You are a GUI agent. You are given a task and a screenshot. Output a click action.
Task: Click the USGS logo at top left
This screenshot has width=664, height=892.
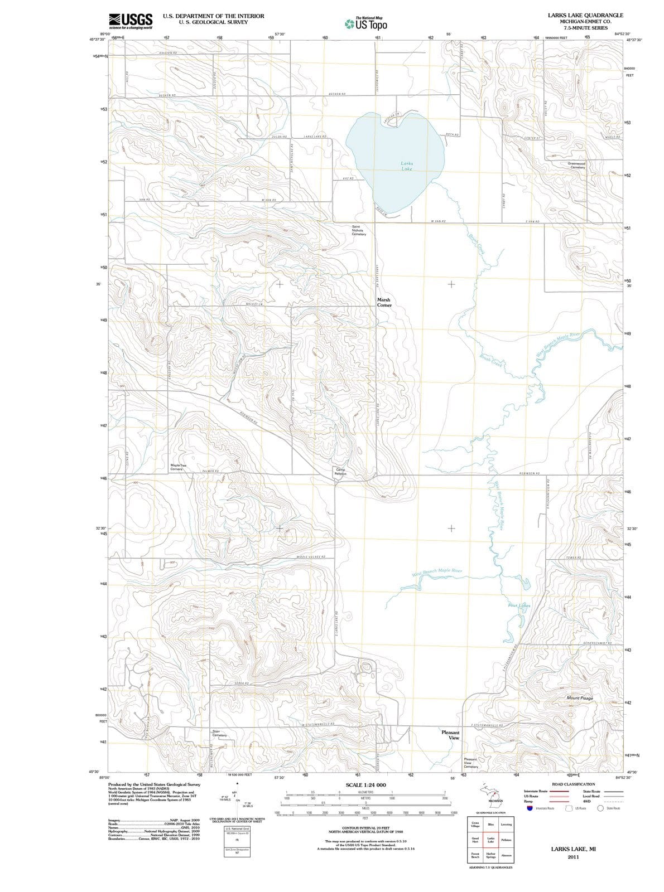[x=131, y=21]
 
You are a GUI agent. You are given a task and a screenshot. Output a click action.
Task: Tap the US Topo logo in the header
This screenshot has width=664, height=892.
[x=367, y=24]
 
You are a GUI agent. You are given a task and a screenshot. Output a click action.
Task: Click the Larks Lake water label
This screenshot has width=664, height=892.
[x=407, y=166]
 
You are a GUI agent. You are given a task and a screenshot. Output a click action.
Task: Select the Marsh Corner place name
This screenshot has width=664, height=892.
[x=384, y=302]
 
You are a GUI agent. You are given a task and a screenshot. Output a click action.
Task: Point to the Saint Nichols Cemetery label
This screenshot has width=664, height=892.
[x=359, y=230]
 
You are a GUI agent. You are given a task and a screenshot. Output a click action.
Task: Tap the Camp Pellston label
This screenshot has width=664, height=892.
[x=340, y=472]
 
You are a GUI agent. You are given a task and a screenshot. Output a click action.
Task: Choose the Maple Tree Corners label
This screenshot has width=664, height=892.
[x=179, y=467]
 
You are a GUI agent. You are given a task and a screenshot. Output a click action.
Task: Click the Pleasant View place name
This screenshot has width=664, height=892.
[x=450, y=735]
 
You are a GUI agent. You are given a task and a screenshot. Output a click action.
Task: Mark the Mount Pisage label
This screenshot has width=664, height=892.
[x=580, y=697]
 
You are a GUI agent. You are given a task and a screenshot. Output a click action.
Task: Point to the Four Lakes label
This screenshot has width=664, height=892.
[x=519, y=605]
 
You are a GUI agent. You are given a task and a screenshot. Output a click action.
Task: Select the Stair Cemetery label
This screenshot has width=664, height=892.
[x=220, y=733]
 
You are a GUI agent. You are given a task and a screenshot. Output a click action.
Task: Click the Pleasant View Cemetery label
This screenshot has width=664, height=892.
[x=471, y=763]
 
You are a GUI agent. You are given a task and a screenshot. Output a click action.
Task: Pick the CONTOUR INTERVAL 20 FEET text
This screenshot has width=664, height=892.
[x=365, y=828]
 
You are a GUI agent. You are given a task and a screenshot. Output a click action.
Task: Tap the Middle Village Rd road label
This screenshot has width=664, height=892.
[x=311, y=557]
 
